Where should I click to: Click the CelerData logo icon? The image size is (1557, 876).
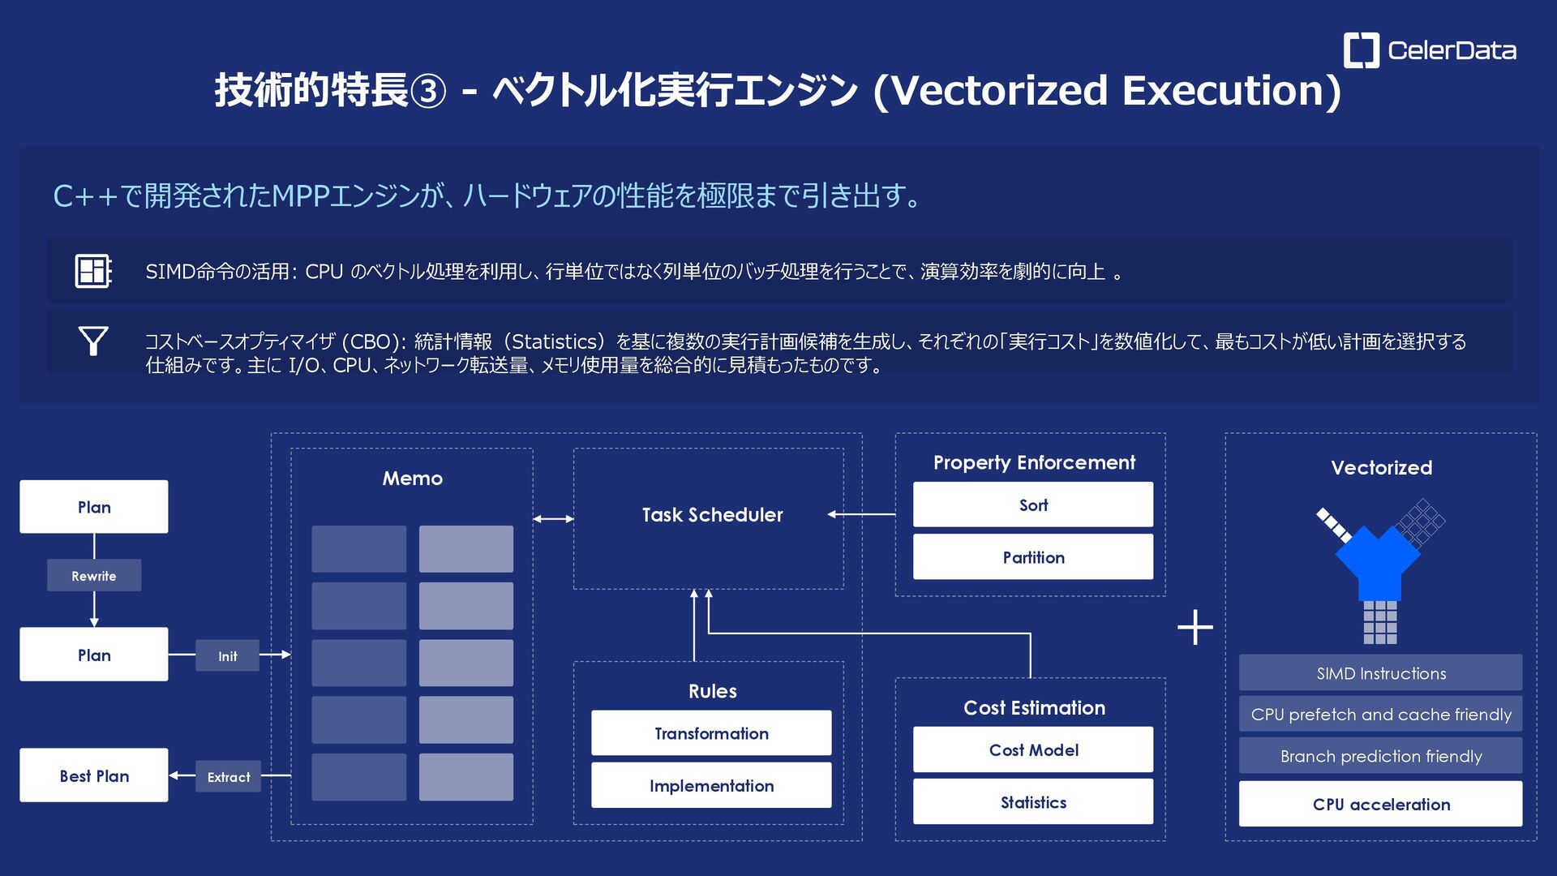[1361, 50]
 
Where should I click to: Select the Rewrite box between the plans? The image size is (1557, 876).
[94, 576]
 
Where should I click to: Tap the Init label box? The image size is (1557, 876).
[228, 656]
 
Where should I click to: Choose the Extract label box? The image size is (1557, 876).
[229, 777]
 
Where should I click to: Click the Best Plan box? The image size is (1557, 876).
[94, 775]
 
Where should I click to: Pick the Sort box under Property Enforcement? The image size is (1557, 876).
[1033, 505]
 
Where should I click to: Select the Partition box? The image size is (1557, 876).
[1033, 557]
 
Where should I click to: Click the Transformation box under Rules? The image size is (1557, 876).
[711, 733]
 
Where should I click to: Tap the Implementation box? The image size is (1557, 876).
[711, 785]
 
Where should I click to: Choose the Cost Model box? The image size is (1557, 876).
[1033, 749]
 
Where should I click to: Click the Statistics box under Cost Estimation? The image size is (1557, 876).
[1033, 802]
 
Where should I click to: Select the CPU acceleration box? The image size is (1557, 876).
[1380, 804]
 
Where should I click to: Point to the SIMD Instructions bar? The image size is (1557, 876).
[1380, 673]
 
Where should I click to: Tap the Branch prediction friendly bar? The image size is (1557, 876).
[1380, 756]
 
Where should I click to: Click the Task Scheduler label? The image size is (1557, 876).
[712, 514]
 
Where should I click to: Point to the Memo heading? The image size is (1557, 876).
[412, 478]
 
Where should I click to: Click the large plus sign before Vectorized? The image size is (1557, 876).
[1195, 628]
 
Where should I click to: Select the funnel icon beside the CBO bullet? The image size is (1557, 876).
[93, 341]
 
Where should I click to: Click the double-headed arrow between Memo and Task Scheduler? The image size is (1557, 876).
[553, 518]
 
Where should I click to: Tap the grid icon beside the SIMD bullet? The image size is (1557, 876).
[93, 271]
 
